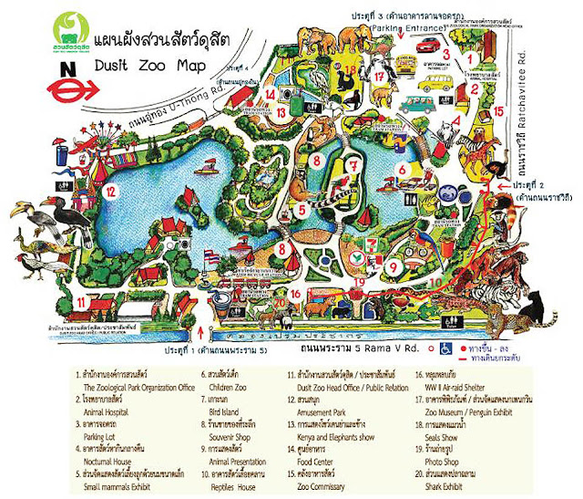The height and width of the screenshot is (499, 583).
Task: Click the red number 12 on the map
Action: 111,192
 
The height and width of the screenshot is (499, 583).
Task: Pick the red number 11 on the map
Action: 81,300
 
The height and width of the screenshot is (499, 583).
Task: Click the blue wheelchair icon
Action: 445,348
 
